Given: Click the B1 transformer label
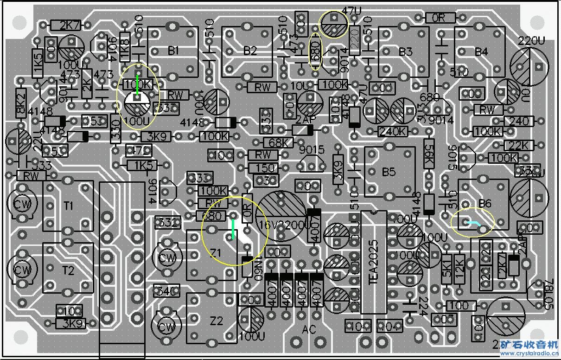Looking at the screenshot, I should pyautogui.click(x=173, y=51).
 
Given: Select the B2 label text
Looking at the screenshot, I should pyautogui.click(x=250, y=51).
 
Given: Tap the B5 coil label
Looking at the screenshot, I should pyautogui.click(x=389, y=172).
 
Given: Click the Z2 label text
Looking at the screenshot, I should pyautogui.click(x=217, y=321).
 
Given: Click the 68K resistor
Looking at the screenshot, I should pyautogui.click(x=278, y=142).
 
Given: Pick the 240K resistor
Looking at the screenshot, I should pyautogui.click(x=393, y=131).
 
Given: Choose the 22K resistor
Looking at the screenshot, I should pyautogui.click(x=516, y=146).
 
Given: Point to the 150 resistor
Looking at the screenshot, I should pyautogui.click(x=264, y=167).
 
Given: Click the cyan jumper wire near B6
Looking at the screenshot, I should pyautogui.click(x=474, y=224).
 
